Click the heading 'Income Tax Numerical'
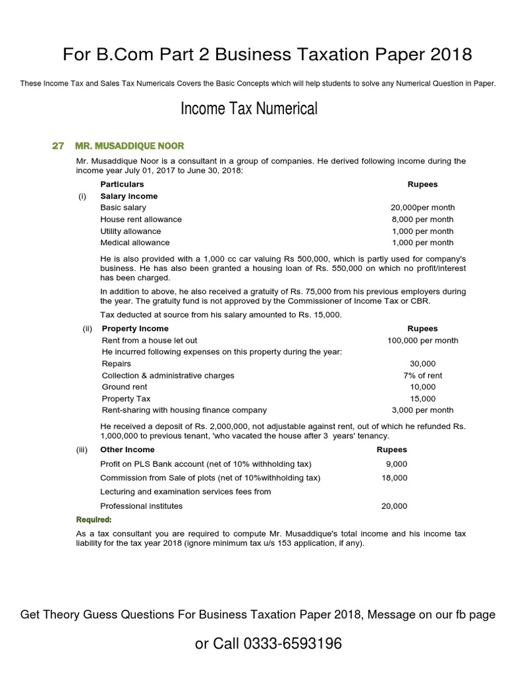click(248, 109)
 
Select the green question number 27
click(58, 146)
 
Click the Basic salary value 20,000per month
click(422, 208)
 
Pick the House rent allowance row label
click(141, 220)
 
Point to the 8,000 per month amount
click(422, 220)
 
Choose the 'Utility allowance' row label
click(130, 231)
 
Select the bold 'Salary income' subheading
click(128, 196)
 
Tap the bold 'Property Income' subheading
click(135, 328)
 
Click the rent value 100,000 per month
click(422, 340)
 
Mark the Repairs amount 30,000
click(422, 364)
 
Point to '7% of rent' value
click(422, 375)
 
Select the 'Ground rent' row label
click(125, 387)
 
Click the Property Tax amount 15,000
click(422, 399)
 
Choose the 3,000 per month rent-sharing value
click(422, 410)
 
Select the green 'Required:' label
click(93, 519)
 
